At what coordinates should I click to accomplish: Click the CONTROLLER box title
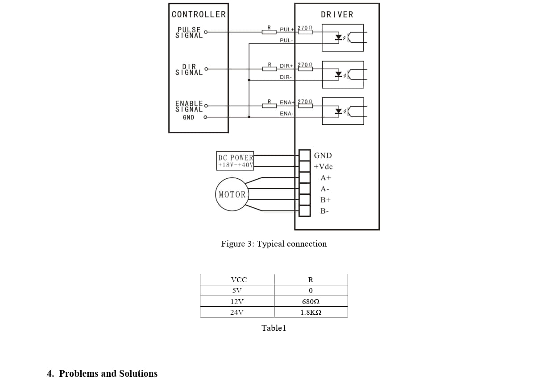click(x=199, y=14)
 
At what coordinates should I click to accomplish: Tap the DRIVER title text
click(x=337, y=15)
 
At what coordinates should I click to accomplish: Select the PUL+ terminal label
click(x=287, y=29)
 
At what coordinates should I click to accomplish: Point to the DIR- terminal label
click(x=286, y=77)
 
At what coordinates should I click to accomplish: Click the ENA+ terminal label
click(x=287, y=103)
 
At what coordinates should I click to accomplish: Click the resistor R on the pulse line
click(x=269, y=32)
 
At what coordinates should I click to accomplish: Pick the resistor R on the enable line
click(x=269, y=106)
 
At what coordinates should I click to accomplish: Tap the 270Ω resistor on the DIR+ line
click(x=305, y=69)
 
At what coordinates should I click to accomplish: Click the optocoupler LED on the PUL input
click(x=339, y=37)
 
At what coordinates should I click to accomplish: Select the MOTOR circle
click(x=232, y=194)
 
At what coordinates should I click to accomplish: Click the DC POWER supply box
click(x=235, y=161)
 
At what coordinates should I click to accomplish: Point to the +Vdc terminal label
click(x=323, y=167)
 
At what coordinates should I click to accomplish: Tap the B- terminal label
click(x=324, y=211)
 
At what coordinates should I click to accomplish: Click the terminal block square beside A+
click(x=305, y=177)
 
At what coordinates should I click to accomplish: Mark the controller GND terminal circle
click(x=205, y=117)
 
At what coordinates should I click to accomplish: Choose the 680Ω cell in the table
click(x=311, y=301)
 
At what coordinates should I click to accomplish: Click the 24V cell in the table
click(x=237, y=312)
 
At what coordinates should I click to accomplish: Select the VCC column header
click(x=239, y=280)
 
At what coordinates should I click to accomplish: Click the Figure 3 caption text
click(x=274, y=244)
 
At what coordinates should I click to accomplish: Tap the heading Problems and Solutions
click(x=108, y=374)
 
